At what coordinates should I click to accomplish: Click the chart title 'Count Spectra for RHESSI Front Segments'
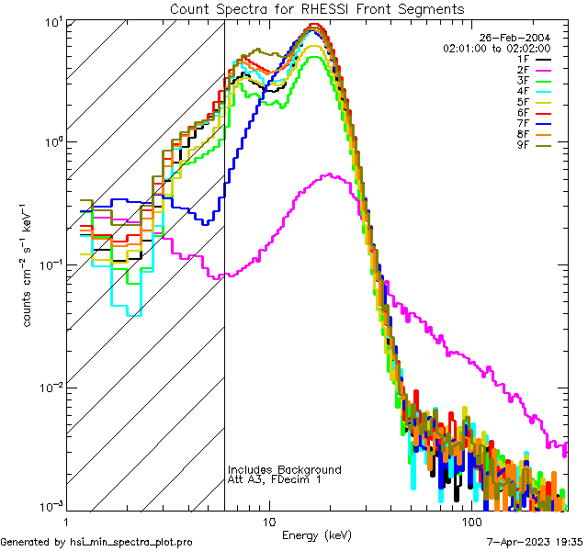317,8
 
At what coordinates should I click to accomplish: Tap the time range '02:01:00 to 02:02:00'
496,48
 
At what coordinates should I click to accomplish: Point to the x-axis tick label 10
268,520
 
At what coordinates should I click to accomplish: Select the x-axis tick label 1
67,520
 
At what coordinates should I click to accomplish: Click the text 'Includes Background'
284,469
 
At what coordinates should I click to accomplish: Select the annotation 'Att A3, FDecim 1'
275,479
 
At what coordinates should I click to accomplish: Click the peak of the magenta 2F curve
330,174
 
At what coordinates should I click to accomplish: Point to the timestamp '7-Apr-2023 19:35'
534,542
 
